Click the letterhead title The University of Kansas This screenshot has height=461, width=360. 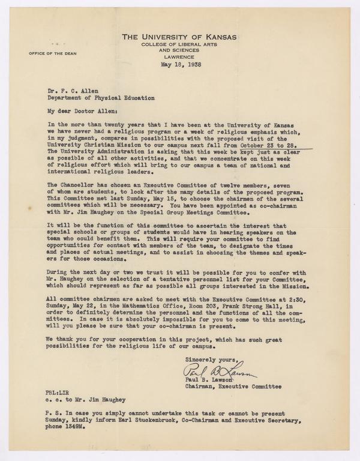(179, 37)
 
